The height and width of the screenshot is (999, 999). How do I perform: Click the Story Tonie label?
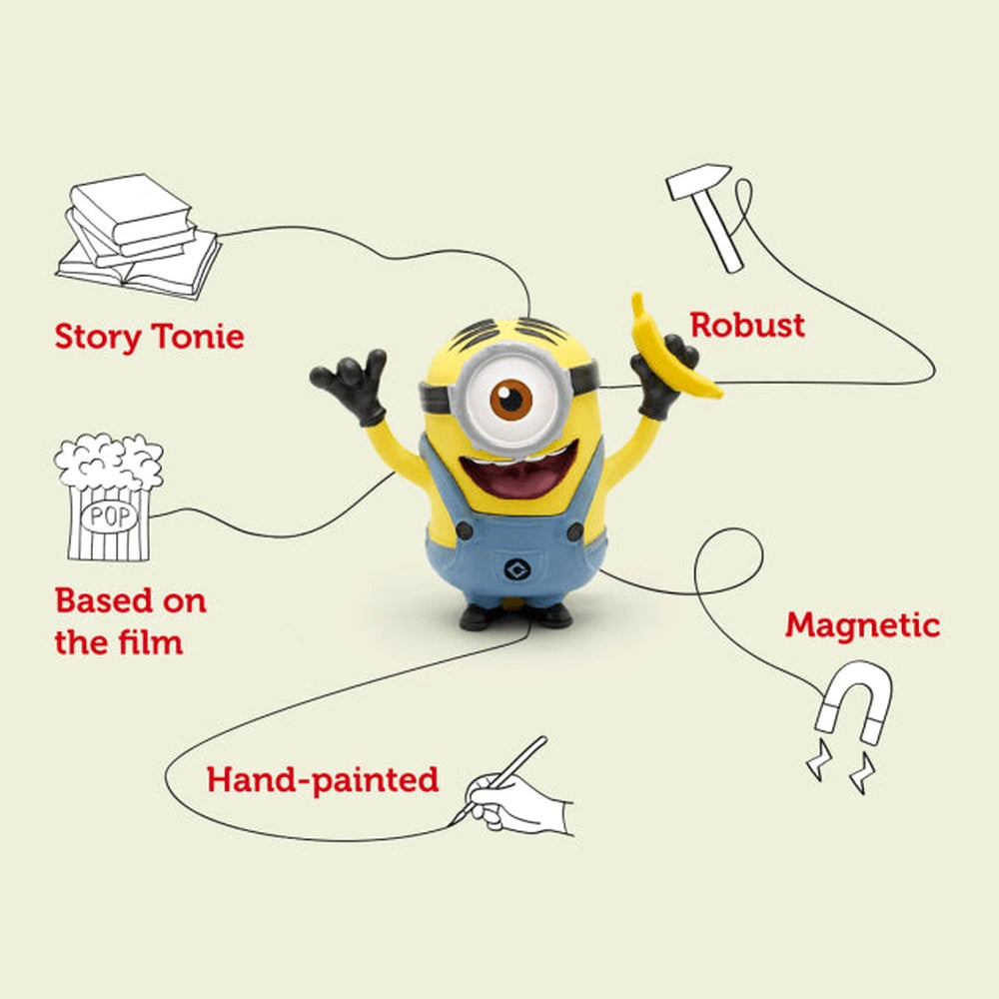click(149, 336)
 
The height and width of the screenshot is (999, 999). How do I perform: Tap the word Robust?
click(747, 325)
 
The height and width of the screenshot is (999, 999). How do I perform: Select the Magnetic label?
click(862, 625)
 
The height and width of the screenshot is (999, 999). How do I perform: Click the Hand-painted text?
click(323, 778)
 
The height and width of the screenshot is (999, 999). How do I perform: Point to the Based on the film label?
click(130, 620)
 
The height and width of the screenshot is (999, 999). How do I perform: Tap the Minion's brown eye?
click(511, 400)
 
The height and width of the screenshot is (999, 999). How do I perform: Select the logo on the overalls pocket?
click(518, 570)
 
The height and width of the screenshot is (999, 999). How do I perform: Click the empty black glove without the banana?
click(352, 385)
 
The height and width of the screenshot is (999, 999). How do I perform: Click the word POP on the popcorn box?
click(103, 517)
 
